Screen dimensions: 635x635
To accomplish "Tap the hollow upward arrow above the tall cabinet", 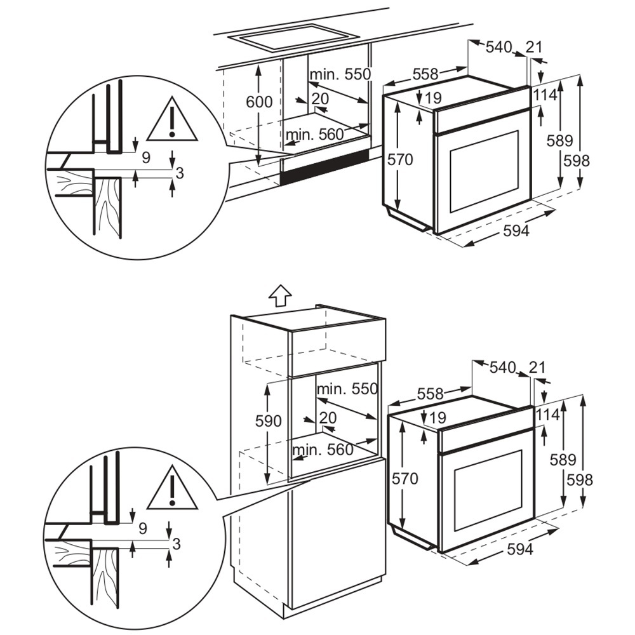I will click(280, 295).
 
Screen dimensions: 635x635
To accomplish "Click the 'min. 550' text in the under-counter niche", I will click(340, 74).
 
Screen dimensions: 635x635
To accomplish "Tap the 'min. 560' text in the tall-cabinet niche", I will click(323, 450).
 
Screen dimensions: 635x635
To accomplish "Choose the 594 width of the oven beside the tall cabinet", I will click(519, 549).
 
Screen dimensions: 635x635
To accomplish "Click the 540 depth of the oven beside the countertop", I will click(498, 47).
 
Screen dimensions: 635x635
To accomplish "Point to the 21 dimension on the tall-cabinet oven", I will click(537, 367).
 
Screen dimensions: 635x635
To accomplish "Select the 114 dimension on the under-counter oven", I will click(545, 95).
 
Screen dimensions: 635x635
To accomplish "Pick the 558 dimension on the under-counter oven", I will click(425, 74).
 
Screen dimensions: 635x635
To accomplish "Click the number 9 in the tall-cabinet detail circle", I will click(142, 528).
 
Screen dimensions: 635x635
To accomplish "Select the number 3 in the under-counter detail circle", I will click(179, 173).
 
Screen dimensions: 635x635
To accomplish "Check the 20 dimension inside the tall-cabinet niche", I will click(327, 417).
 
